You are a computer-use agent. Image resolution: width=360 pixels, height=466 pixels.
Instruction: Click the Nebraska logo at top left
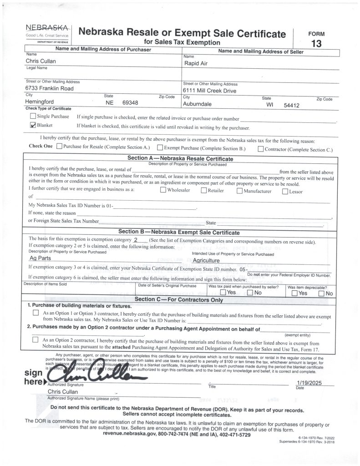(x=48, y=31)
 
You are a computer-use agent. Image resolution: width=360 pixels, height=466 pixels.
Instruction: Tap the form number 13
(x=316, y=44)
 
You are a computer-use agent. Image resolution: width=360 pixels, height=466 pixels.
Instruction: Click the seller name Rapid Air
(x=196, y=63)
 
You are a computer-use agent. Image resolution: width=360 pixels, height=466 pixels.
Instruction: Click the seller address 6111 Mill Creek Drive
(x=210, y=91)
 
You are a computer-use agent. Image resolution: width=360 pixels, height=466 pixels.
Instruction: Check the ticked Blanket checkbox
(x=33, y=125)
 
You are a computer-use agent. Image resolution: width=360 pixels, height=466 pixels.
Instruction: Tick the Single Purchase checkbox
(x=33, y=116)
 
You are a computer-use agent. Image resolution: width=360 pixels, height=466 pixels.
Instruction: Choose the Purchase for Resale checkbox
(x=59, y=147)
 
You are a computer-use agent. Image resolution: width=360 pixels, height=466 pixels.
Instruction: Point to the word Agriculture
(x=207, y=261)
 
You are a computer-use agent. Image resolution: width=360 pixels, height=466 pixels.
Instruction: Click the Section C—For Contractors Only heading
(x=179, y=299)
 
